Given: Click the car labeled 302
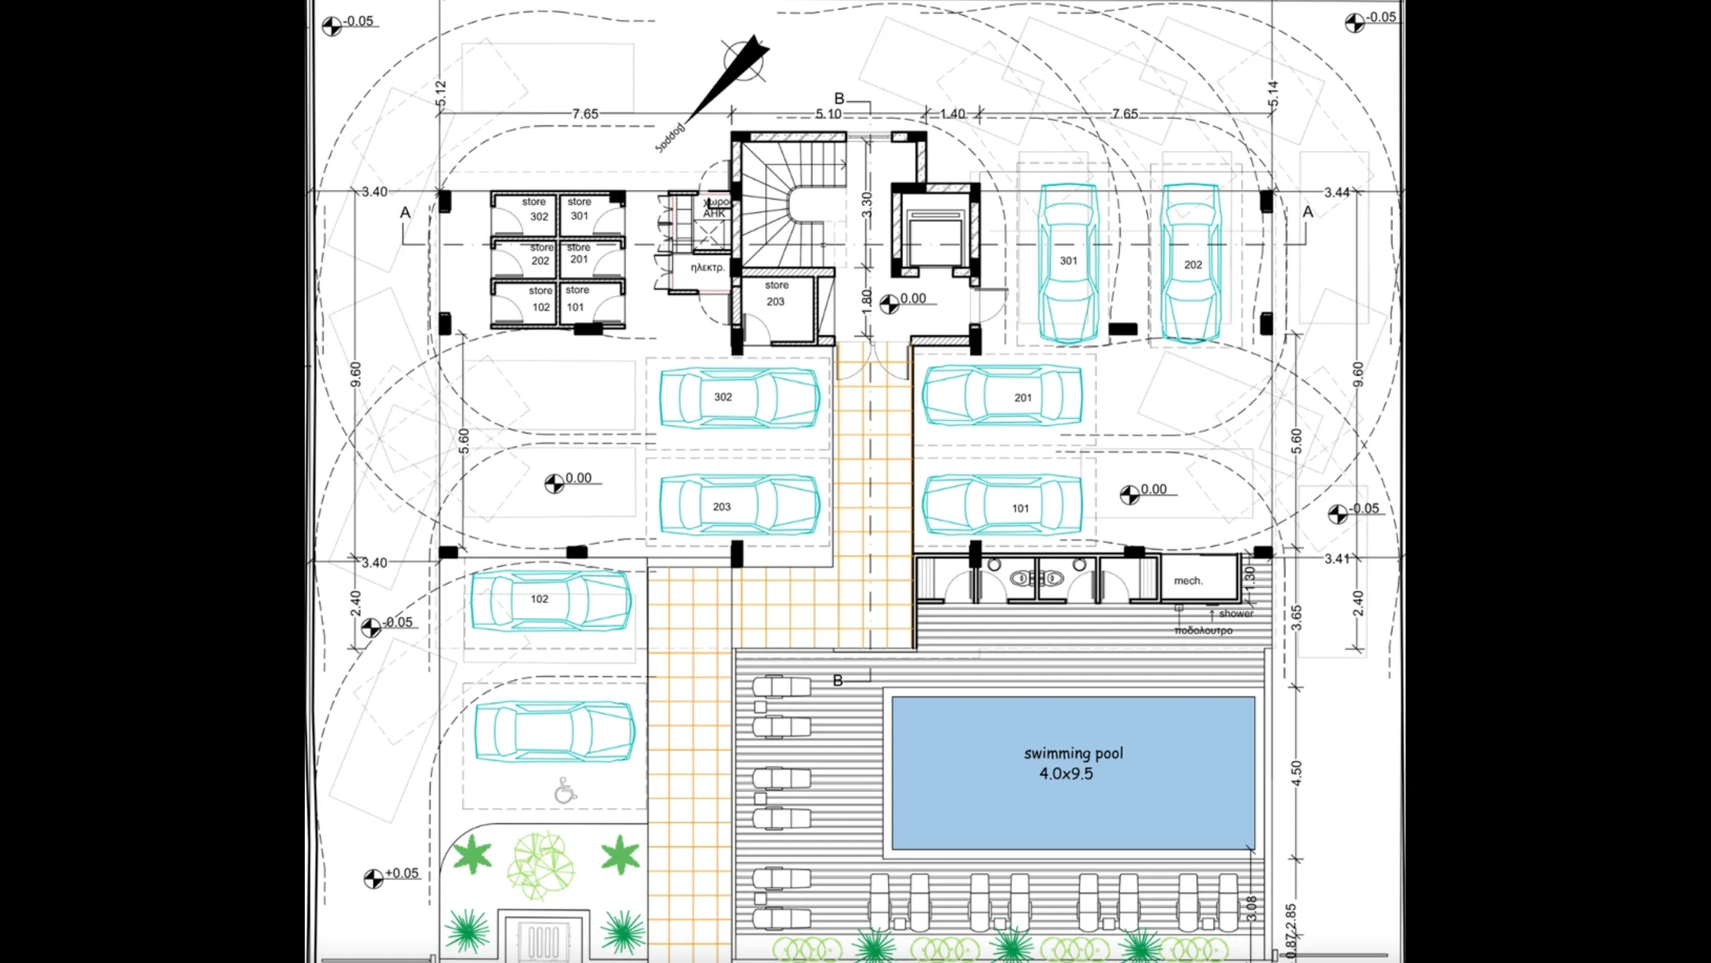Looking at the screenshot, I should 739,397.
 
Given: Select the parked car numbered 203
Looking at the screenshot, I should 739,507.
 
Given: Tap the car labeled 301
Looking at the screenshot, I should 1068,263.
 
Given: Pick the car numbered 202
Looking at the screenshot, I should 1192,265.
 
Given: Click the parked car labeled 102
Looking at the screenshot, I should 551,600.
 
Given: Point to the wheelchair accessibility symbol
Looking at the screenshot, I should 565,790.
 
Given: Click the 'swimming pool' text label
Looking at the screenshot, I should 1073,754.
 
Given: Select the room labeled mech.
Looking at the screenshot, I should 1188,581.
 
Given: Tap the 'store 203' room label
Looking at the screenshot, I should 776,294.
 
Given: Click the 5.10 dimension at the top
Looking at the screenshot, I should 828,114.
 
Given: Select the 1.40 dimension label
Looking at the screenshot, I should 952,114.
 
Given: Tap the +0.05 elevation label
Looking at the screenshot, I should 401,873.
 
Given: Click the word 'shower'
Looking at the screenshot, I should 1236,613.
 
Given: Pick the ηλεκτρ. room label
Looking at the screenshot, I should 707,267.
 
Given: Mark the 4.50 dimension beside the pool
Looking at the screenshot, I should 1297,773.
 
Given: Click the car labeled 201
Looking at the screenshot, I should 1003,397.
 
